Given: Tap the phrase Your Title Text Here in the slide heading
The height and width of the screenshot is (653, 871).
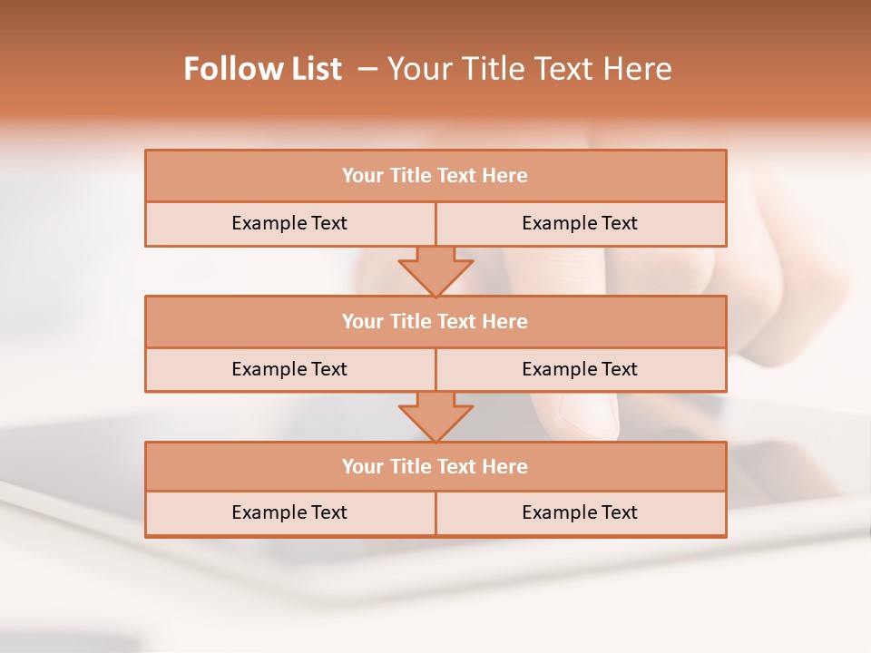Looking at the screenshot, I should pyautogui.click(x=530, y=69).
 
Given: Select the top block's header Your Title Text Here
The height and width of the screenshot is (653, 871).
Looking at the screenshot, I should pyautogui.click(x=435, y=176).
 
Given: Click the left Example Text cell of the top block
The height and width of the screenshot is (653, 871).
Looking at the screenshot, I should pyautogui.click(x=289, y=223).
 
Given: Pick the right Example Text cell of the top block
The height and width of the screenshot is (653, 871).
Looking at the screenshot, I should pyautogui.click(x=580, y=223).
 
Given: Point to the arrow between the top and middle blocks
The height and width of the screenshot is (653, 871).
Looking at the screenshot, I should pyautogui.click(x=435, y=270).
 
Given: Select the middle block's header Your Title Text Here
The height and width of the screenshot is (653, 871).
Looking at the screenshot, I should pyautogui.click(x=435, y=321).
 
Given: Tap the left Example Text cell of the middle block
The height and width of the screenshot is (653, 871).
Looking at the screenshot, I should pyautogui.click(x=289, y=369).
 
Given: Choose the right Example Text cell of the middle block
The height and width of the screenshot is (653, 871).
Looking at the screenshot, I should pyautogui.click(x=580, y=369).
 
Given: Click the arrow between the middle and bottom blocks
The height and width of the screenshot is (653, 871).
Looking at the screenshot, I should pyautogui.click(x=435, y=415).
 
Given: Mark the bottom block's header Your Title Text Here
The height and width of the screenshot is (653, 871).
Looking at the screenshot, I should pyautogui.click(x=435, y=466).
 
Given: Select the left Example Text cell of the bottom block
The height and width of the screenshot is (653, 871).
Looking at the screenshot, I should pyautogui.click(x=289, y=512).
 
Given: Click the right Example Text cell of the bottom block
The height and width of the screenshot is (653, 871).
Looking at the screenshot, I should pyautogui.click(x=580, y=512).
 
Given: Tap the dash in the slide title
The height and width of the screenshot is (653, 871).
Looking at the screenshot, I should pyautogui.click(x=368, y=69).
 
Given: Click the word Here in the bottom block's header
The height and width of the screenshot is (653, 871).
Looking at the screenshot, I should pyautogui.click(x=505, y=466).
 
